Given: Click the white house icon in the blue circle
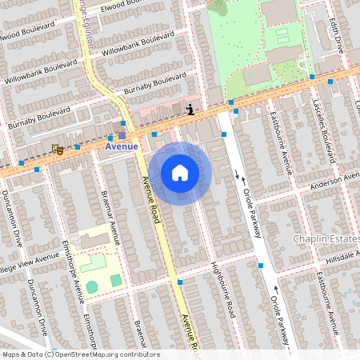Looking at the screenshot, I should pyautogui.click(x=180, y=173).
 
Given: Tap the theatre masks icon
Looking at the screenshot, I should pyautogui.click(x=57, y=149).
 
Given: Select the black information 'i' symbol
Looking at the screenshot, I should pyautogui.click(x=190, y=110).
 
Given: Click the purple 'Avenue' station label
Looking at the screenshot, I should pyautogui.click(x=122, y=146).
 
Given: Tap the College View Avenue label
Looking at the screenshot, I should pyautogui.click(x=29, y=262).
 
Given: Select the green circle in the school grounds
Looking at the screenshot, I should pyautogui.click(x=92, y=286).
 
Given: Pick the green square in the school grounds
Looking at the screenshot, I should pyautogui.click(x=116, y=280).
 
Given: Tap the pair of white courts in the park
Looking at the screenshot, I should pyautogui.click(x=283, y=36).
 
